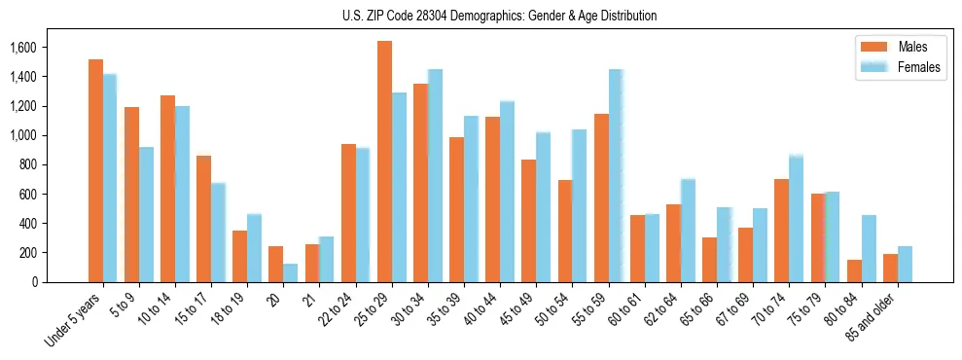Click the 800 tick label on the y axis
(x=26, y=164)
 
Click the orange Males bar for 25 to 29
(x=384, y=162)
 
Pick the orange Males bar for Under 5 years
(x=95, y=171)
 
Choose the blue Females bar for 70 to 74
(x=796, y=219)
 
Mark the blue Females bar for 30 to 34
(x=435, y=176)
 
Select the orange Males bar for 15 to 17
(x=203, y=219)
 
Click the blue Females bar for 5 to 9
(x=146, y=215)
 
